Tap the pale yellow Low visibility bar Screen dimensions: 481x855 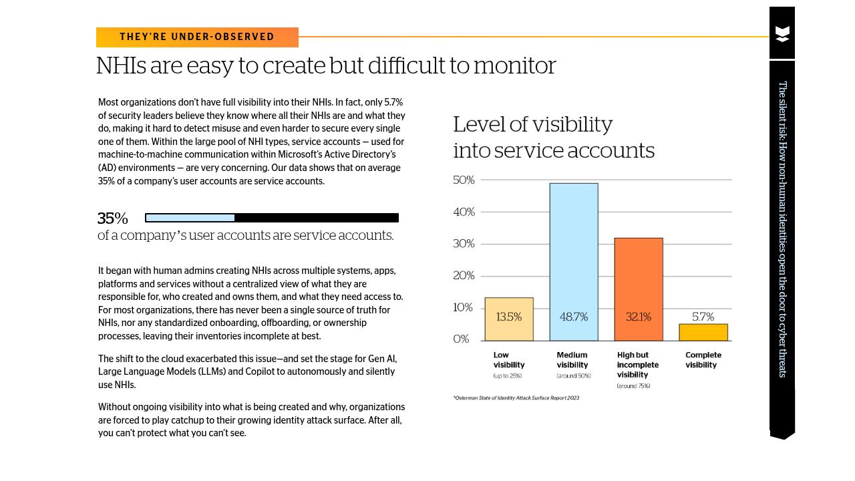[x=508, y=327]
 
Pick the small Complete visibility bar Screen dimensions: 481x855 [x=703, y=332]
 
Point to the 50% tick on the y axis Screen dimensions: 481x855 [x=464, y=180]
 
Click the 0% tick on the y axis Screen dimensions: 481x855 [x=461, y=339]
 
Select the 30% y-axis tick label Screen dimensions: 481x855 [x=464, y=244]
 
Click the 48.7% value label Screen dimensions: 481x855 [x=573, y=317]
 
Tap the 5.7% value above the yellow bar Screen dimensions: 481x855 [x=703, y=317]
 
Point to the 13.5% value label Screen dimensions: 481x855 [x=508, y=317]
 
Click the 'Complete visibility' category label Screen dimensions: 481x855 [x=703, y=360]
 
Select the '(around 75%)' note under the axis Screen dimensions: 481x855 [x=633, y=386]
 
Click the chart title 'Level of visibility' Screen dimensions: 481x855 [x=532, y=125]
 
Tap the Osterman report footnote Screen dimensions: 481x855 [x=516, y=398]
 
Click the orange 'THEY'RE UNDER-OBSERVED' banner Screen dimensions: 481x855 [x=197, y=37]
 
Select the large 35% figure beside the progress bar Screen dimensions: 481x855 [x=112, y=218]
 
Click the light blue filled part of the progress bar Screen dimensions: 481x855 [x=190, y=218]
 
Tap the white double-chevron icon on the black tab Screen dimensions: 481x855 [x=782, y=34]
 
